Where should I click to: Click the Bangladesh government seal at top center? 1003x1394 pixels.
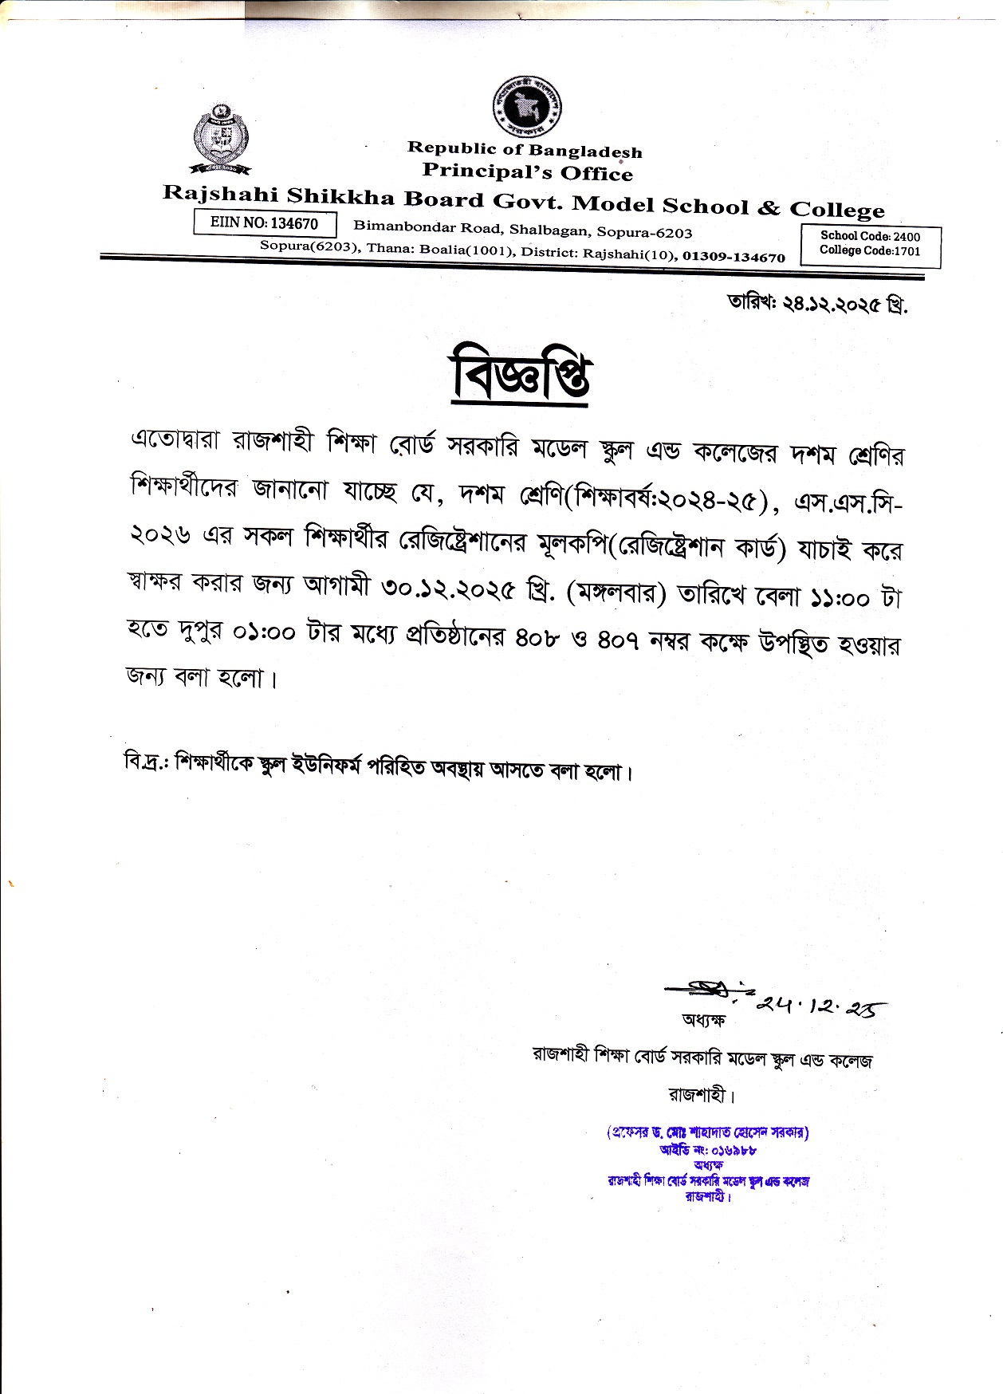point(525,106)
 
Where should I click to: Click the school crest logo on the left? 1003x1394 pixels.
point(220,138)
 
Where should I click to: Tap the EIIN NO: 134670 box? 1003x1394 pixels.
point(265,223)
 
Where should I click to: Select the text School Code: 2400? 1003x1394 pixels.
point(870,236)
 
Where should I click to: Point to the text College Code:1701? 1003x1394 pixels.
point(870,250)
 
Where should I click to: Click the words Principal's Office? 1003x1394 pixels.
point(527,171)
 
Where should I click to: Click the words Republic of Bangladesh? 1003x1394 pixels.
point(525,149)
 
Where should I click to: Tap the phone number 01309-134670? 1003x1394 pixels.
point(734,257)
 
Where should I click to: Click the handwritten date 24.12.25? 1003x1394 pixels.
point(820,1007)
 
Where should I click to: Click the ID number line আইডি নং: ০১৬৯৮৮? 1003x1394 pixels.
point(707,1150)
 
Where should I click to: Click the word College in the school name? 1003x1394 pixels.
point(836,210)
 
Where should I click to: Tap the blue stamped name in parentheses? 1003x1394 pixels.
point(707,1132)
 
